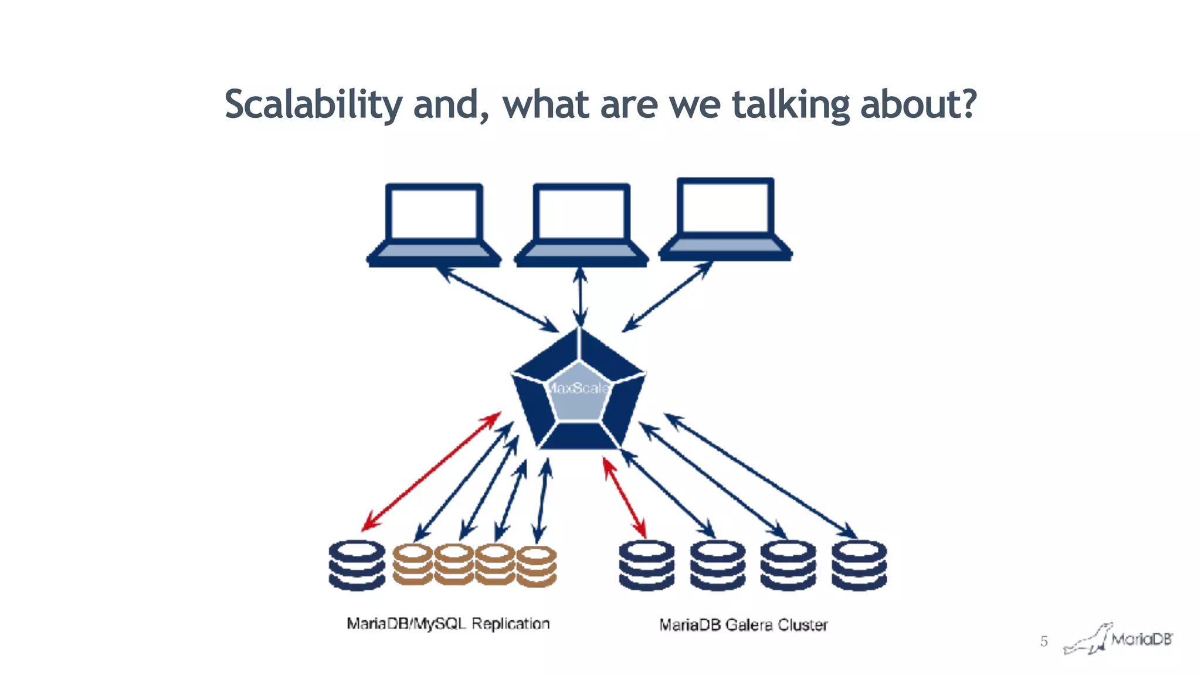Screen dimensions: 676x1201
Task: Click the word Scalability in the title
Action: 313,104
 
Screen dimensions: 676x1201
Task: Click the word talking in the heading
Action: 791,104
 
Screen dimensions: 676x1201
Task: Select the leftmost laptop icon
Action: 434,225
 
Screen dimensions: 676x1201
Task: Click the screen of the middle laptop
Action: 581,213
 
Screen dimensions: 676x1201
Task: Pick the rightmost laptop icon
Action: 725,219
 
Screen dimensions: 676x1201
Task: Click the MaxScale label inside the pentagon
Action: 578,388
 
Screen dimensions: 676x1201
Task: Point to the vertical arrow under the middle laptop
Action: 580,296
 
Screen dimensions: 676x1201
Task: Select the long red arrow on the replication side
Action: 431,471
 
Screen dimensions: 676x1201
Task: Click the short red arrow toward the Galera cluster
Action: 625,498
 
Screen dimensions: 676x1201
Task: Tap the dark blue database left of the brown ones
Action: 357,565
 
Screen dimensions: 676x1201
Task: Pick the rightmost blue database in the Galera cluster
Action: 859,565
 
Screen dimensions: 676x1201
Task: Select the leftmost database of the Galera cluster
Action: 646,565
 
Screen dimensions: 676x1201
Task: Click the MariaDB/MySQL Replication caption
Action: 448,623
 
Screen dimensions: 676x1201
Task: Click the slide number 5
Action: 1044,641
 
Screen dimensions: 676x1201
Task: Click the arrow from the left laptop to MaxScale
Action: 498,300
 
